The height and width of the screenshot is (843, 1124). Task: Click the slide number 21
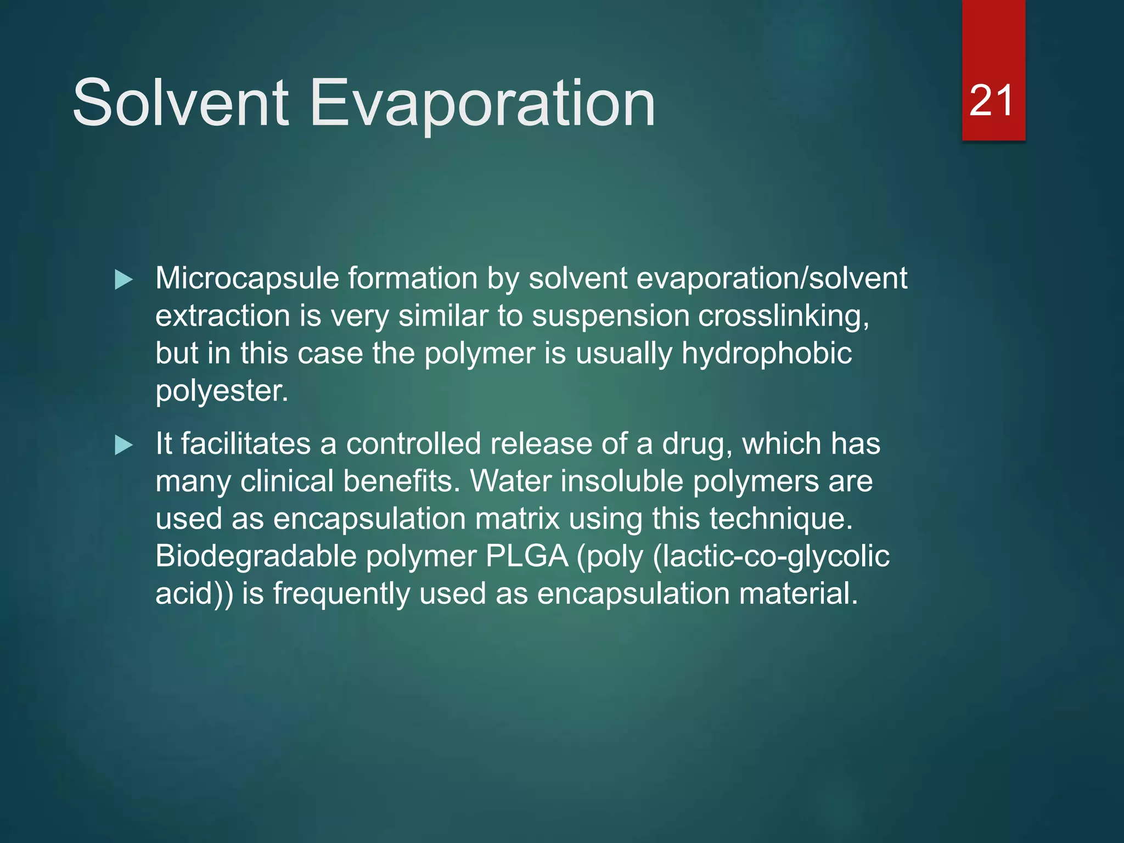pos(991,101)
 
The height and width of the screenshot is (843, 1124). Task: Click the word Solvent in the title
pos(181,103)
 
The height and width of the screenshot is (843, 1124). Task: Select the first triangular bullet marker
pos(123,280)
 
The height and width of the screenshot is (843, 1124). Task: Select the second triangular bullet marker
pos(123,445)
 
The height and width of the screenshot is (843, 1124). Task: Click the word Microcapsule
pos(247,279)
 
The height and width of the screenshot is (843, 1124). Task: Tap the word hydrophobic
pos(766,353)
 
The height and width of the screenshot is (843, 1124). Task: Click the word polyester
pos(221,391)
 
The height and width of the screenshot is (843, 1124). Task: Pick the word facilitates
pos(246,443)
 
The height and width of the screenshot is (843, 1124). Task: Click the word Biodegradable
pos(256,556)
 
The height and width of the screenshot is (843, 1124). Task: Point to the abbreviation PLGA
pos(527,556)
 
